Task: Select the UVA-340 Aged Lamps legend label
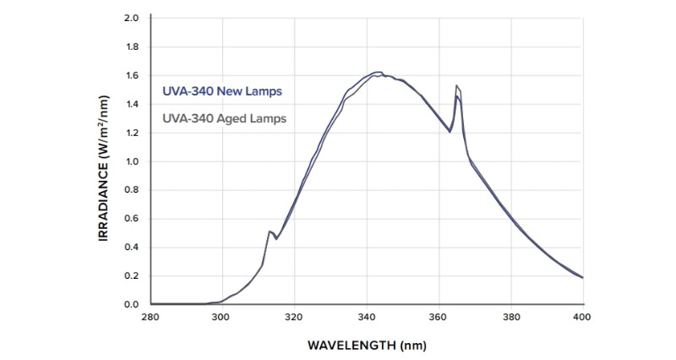224,118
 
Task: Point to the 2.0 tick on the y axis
131,18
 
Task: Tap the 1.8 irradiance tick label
131,46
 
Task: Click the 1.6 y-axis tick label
131,75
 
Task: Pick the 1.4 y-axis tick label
131,104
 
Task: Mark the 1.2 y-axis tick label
131,133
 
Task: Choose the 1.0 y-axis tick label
131,161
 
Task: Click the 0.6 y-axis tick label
131,218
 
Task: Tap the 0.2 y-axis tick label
131,275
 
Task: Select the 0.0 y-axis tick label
131,304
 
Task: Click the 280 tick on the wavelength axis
150,318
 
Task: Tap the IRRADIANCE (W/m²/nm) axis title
105,161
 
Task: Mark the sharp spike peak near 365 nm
456,86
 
